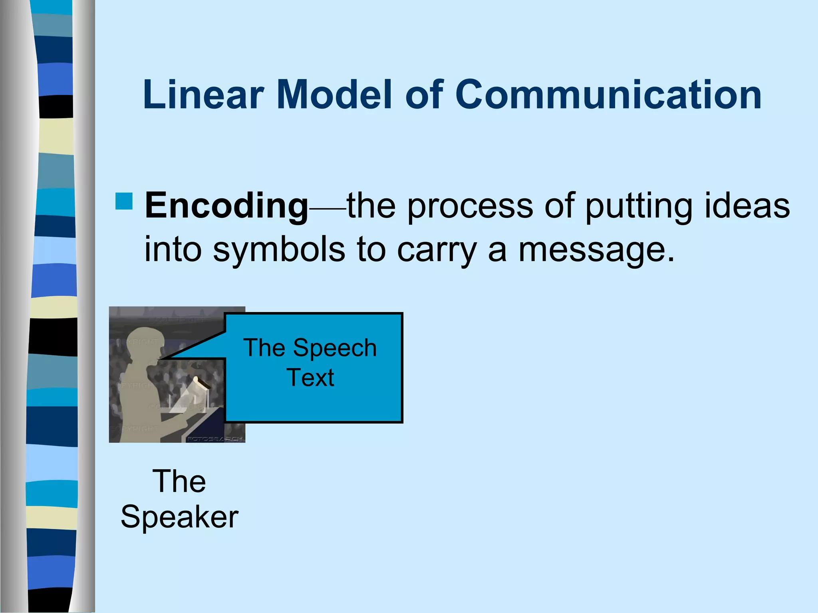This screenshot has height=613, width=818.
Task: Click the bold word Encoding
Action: [226, 206]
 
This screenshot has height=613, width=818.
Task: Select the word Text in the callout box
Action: [310, 378]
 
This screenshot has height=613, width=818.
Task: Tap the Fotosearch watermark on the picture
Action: [215, 439]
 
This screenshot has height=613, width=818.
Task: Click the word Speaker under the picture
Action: [179, 517]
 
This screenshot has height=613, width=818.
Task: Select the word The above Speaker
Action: [179, 481]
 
